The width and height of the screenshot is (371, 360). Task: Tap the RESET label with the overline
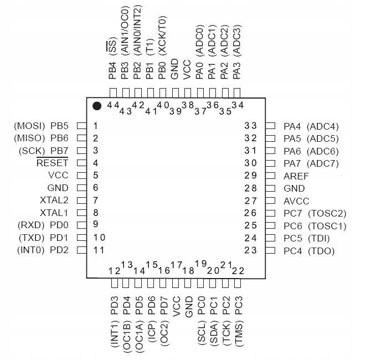coord(52,163)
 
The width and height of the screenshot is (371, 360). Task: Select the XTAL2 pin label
coord(54,200)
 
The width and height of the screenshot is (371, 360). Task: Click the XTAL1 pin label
coord(54,213)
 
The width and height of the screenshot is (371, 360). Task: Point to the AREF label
coord(296,176)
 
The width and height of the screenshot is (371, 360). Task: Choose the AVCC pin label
coord(296,201)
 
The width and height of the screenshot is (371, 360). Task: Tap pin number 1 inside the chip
coord(96,126)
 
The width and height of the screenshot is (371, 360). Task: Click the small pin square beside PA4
coord(270,126)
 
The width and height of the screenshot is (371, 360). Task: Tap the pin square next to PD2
coord(81,250)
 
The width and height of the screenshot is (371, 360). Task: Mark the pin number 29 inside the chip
coord(251,176)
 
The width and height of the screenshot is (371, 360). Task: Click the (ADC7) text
coord(322,163)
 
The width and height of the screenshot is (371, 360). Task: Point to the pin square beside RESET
coord(81,163)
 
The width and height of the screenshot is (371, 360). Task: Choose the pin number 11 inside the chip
coord(99,250)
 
